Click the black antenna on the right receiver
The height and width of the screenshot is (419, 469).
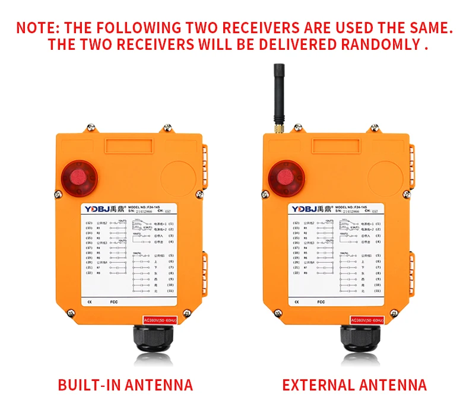point(277,89)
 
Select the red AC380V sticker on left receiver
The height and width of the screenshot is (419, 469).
point(160,320)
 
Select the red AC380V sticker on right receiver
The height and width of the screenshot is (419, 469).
point(367,320)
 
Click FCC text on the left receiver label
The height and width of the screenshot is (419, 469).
point(114,301)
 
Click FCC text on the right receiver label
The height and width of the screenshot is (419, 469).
point(321,301)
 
